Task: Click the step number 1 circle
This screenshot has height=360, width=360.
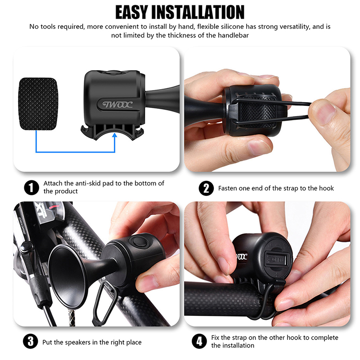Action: [x=31, y=188]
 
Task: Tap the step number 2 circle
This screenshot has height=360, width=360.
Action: [x=206, y=188]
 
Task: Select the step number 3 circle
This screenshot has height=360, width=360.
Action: [x=31, y=342]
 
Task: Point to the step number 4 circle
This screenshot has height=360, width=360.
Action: [x=199, y=341]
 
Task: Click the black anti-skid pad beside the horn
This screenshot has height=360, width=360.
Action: [x=38, y=104]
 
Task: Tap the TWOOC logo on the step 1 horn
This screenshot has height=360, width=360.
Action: [x=117, y=104]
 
